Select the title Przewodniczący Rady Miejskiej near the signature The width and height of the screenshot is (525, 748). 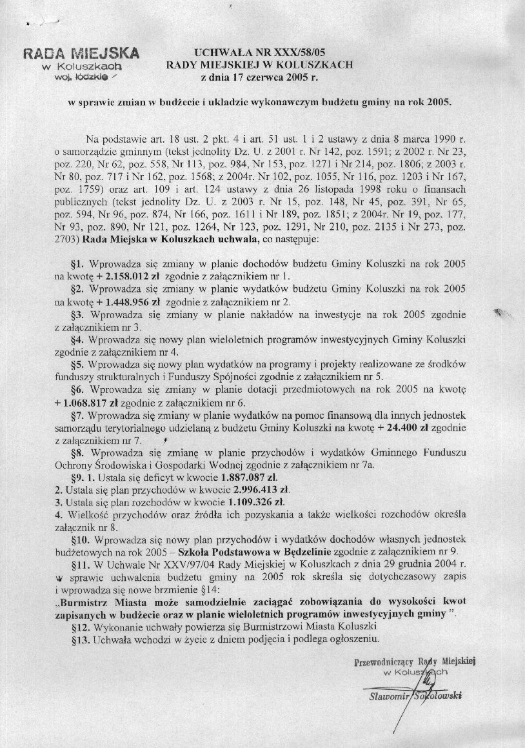coord(415,662)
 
